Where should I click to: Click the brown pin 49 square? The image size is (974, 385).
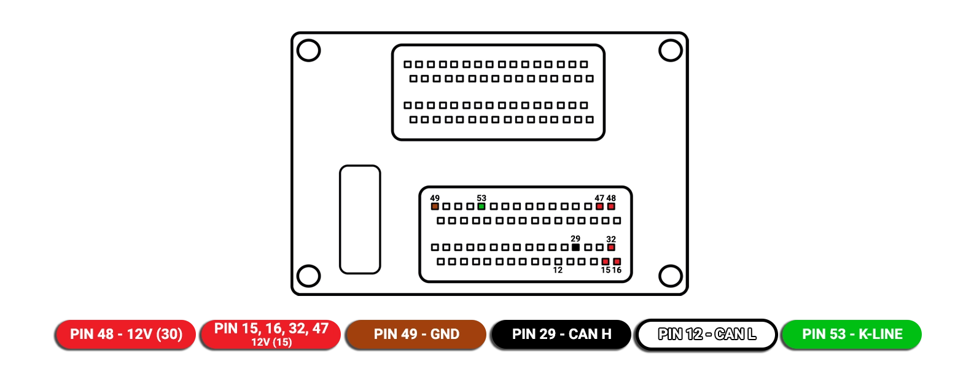pyautogui.click(x=435, y=206)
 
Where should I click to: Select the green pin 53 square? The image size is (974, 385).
pyautogui.click(x=481, y=206)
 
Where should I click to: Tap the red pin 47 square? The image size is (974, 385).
pyautogui.click(x=599, y=206)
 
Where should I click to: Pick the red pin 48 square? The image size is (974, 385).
pyautogui.click(x=611, y=206)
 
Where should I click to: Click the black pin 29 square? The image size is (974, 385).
pyautogui.click(x=575, y=247)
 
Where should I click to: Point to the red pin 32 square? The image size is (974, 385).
pyautogui.click(x=611, y=247)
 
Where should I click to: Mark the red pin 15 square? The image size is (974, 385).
pyautogui.click(x=606, y=262)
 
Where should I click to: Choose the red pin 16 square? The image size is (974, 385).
pyautogui.click(x=617, y=262)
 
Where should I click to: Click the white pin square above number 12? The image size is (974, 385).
pyautogui.click(x=558, y=262)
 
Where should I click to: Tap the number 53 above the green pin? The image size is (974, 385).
pyautogui.click(x=481, y=198)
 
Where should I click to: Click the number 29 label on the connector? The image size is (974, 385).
pyautogui.click(x=575, y=239)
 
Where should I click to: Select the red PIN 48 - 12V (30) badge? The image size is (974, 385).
pyautogui.click(x=126, y=334)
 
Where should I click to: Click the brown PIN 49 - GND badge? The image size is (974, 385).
pyautogui.click(x=416, y=334)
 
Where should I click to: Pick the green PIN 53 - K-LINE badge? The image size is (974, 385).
pyautogui.click(x=852, y=334)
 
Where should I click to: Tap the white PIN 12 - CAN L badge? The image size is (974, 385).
pyautogui.click(x=707, y=334)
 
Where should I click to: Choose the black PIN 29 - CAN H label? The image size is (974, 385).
pyautogui.click(x=562, y=334)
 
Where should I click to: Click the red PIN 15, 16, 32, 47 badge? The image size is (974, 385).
pyautogui.click(x=271, y=334)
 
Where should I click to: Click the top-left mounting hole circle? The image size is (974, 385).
pyautogui.click(x=309, y=50)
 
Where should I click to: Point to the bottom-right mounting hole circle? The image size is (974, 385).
pyautogui.click(x=671, y=276)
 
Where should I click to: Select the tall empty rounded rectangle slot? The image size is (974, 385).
pyautogui.click(x=360, y=219)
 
